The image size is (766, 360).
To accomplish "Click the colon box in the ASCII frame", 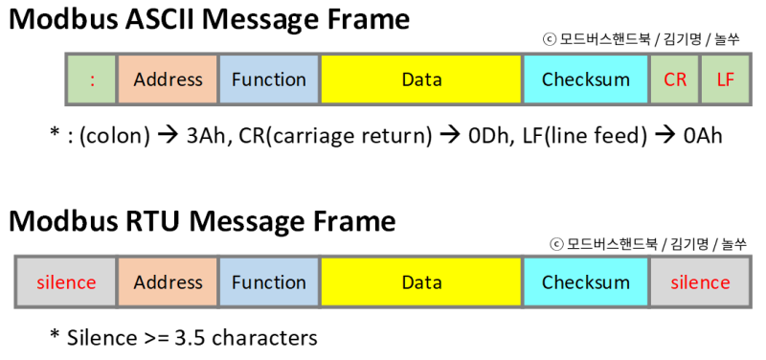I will tap(92, 79).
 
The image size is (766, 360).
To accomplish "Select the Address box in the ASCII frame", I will tap(168, 79).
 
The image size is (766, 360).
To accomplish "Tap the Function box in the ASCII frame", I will tap(269, 79).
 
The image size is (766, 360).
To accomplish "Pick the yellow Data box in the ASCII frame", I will tap(421, 79).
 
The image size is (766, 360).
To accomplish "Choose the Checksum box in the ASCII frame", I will tap(586, 79).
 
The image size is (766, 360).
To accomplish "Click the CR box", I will tap(675, 79).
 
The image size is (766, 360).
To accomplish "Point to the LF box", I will tap(725, 79).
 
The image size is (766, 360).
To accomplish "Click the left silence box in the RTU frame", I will tap(66, 282).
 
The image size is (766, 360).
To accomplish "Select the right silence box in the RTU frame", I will tap(700, 282).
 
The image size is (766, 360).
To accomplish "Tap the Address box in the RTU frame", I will tap(168, 282).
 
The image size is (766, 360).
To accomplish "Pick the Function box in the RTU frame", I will tap(269, 282).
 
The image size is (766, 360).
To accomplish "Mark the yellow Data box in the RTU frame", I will tap(421, 282).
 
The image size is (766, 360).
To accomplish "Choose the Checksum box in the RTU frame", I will tap(586, 282).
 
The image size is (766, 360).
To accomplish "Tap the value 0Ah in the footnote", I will tap(703, 136).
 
